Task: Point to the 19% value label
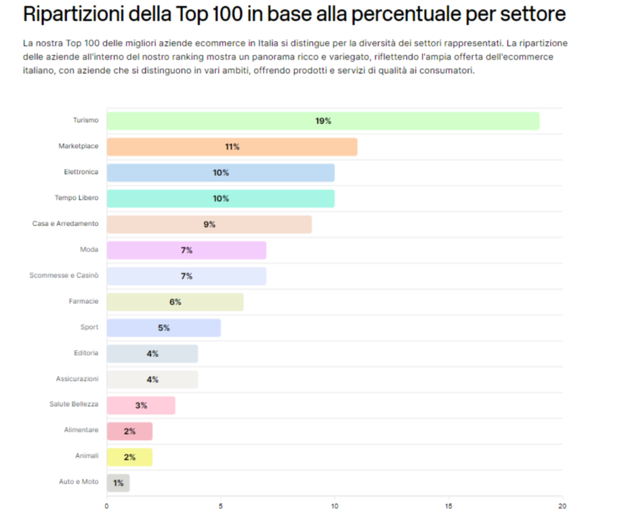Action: [323, 121]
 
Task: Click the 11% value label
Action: [232, 147]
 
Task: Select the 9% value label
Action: [209, 224]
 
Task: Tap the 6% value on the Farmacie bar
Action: [175, 302]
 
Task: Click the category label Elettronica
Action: [81, 172]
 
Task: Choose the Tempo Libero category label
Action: [76, 198]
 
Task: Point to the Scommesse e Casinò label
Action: [64, 275]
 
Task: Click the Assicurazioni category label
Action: [77, 378]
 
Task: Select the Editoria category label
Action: [86, 352]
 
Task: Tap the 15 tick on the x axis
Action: [448, 505]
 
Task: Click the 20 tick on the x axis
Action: [562, 505]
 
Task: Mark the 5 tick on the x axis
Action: [221, 505]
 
